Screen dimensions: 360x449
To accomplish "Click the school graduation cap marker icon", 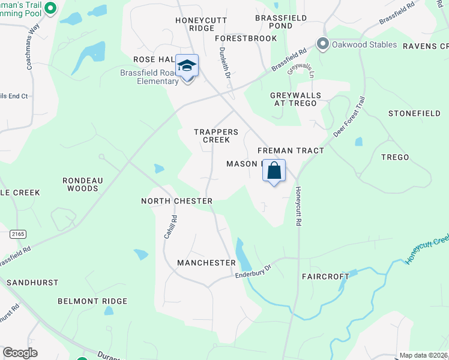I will (187, 66).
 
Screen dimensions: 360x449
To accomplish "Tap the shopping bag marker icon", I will (274, 170).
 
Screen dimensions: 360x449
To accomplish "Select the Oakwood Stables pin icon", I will (324, 44).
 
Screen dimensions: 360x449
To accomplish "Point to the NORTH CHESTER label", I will (176, 201).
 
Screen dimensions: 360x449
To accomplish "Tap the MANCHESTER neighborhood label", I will (206, 263).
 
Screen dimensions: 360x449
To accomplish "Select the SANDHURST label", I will (32, 282).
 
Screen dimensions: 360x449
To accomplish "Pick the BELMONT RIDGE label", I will (92, 301).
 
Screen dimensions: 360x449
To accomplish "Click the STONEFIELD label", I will (414, 113).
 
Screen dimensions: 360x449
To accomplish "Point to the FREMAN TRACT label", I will (291, 151).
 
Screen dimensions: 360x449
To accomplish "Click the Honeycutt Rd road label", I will (297, 206).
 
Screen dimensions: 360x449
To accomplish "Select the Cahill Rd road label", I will (169, 227).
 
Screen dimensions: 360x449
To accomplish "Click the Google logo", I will (20, 353).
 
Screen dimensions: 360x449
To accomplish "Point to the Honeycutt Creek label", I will (427, 248).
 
